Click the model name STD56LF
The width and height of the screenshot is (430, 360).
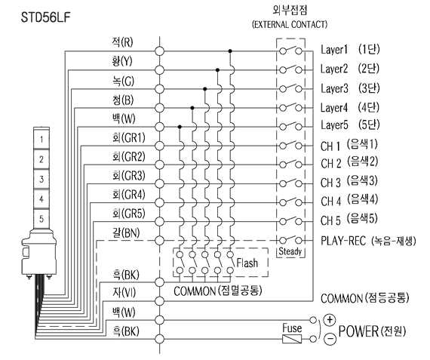[46, 17]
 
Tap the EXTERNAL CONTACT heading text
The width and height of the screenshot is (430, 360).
[290, 24]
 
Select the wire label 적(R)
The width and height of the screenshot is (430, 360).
[122, 42]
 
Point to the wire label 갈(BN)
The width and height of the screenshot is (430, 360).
[126, 233]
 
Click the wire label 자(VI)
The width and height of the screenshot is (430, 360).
[124, 292]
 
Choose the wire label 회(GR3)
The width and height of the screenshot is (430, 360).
[128, 176]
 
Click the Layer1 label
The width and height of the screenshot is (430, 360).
[334, 50]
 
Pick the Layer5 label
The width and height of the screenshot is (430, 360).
[334, 125]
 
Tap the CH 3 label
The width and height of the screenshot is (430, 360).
[330, 183]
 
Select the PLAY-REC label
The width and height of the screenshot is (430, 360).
[343, 241]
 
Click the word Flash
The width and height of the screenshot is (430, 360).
[247, 263]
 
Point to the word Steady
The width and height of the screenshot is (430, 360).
[290, 251]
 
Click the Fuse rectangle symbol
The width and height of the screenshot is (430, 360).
[292, 339]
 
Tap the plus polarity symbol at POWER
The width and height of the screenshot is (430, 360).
[330, 320]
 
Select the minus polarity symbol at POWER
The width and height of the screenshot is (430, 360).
[330, 339]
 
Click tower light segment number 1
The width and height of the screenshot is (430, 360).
[41, 140]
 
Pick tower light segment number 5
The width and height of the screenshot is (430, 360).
[41, 219]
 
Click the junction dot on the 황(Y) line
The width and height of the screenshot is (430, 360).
[217, 70]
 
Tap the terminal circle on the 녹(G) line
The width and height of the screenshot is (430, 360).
[159, 89]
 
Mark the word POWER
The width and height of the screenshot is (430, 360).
[358, 331]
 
